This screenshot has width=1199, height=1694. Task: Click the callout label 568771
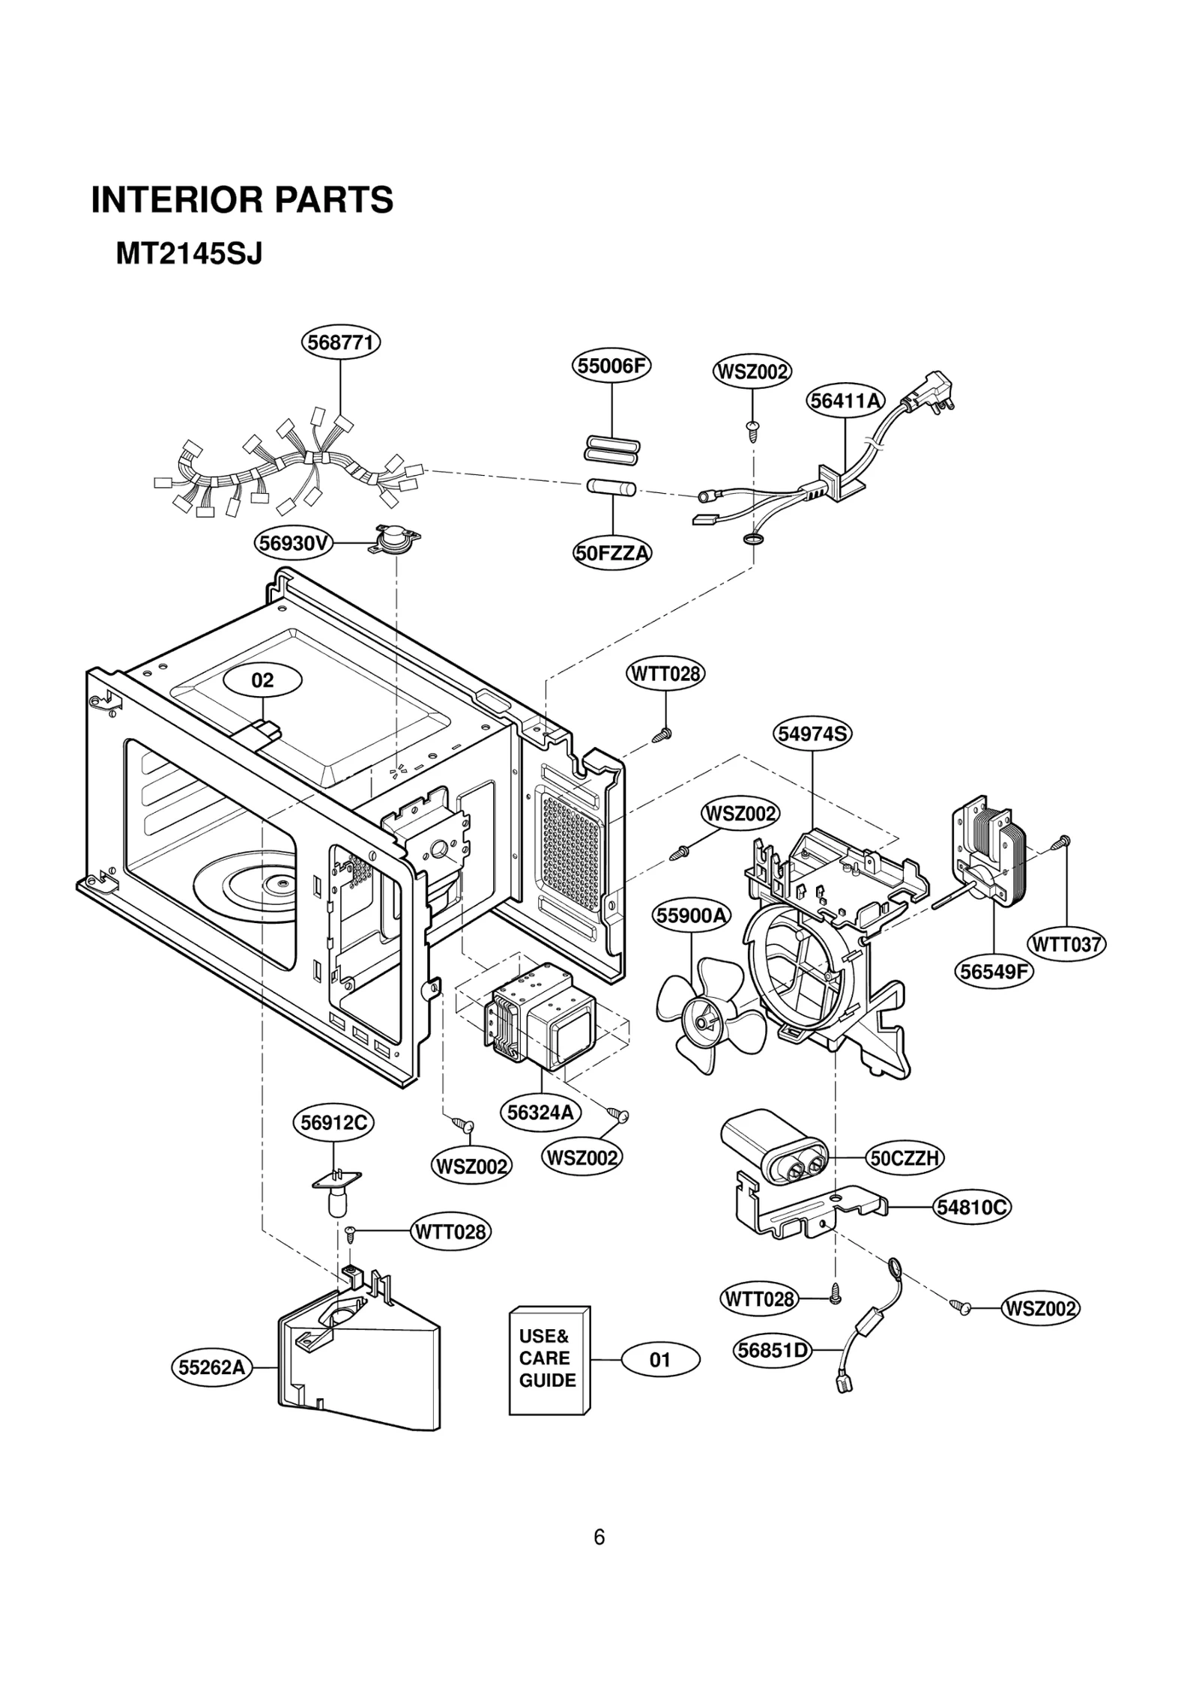[x=341, y=342]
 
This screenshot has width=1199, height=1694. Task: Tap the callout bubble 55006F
[x=611, y=366]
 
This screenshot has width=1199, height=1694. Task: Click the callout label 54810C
[x=972, y=1207]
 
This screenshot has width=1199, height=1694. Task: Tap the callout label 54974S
[x=812, y=733]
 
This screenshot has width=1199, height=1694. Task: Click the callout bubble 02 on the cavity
[x=263, y=680]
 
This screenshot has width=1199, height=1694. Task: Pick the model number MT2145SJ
[x=189, y=255]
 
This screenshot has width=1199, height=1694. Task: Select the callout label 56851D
[x=772, y=1350]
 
